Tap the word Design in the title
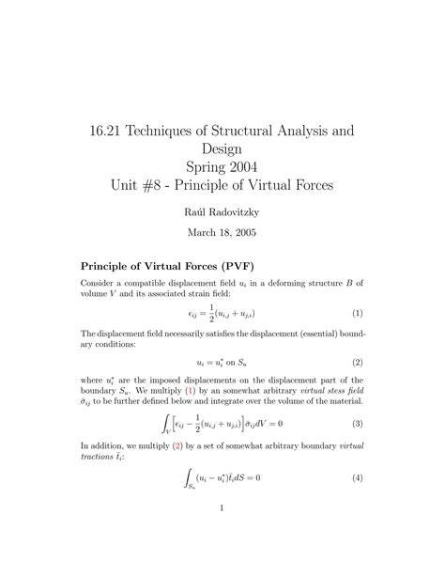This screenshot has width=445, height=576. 222,149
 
